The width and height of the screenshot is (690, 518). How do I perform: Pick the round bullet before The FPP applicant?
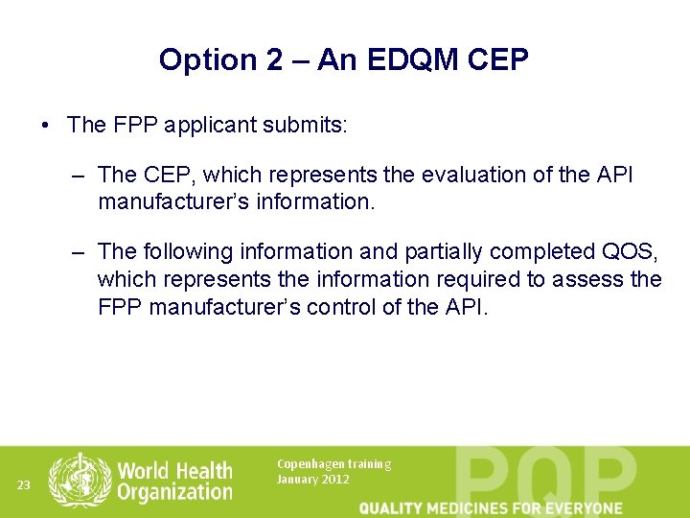[46, 125]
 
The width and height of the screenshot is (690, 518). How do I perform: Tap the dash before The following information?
[79, 251]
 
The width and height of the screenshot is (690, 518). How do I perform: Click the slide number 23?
[24, 485]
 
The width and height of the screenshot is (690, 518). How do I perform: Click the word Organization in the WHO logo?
[174, 492]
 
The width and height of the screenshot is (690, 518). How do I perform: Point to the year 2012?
[335, 480]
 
